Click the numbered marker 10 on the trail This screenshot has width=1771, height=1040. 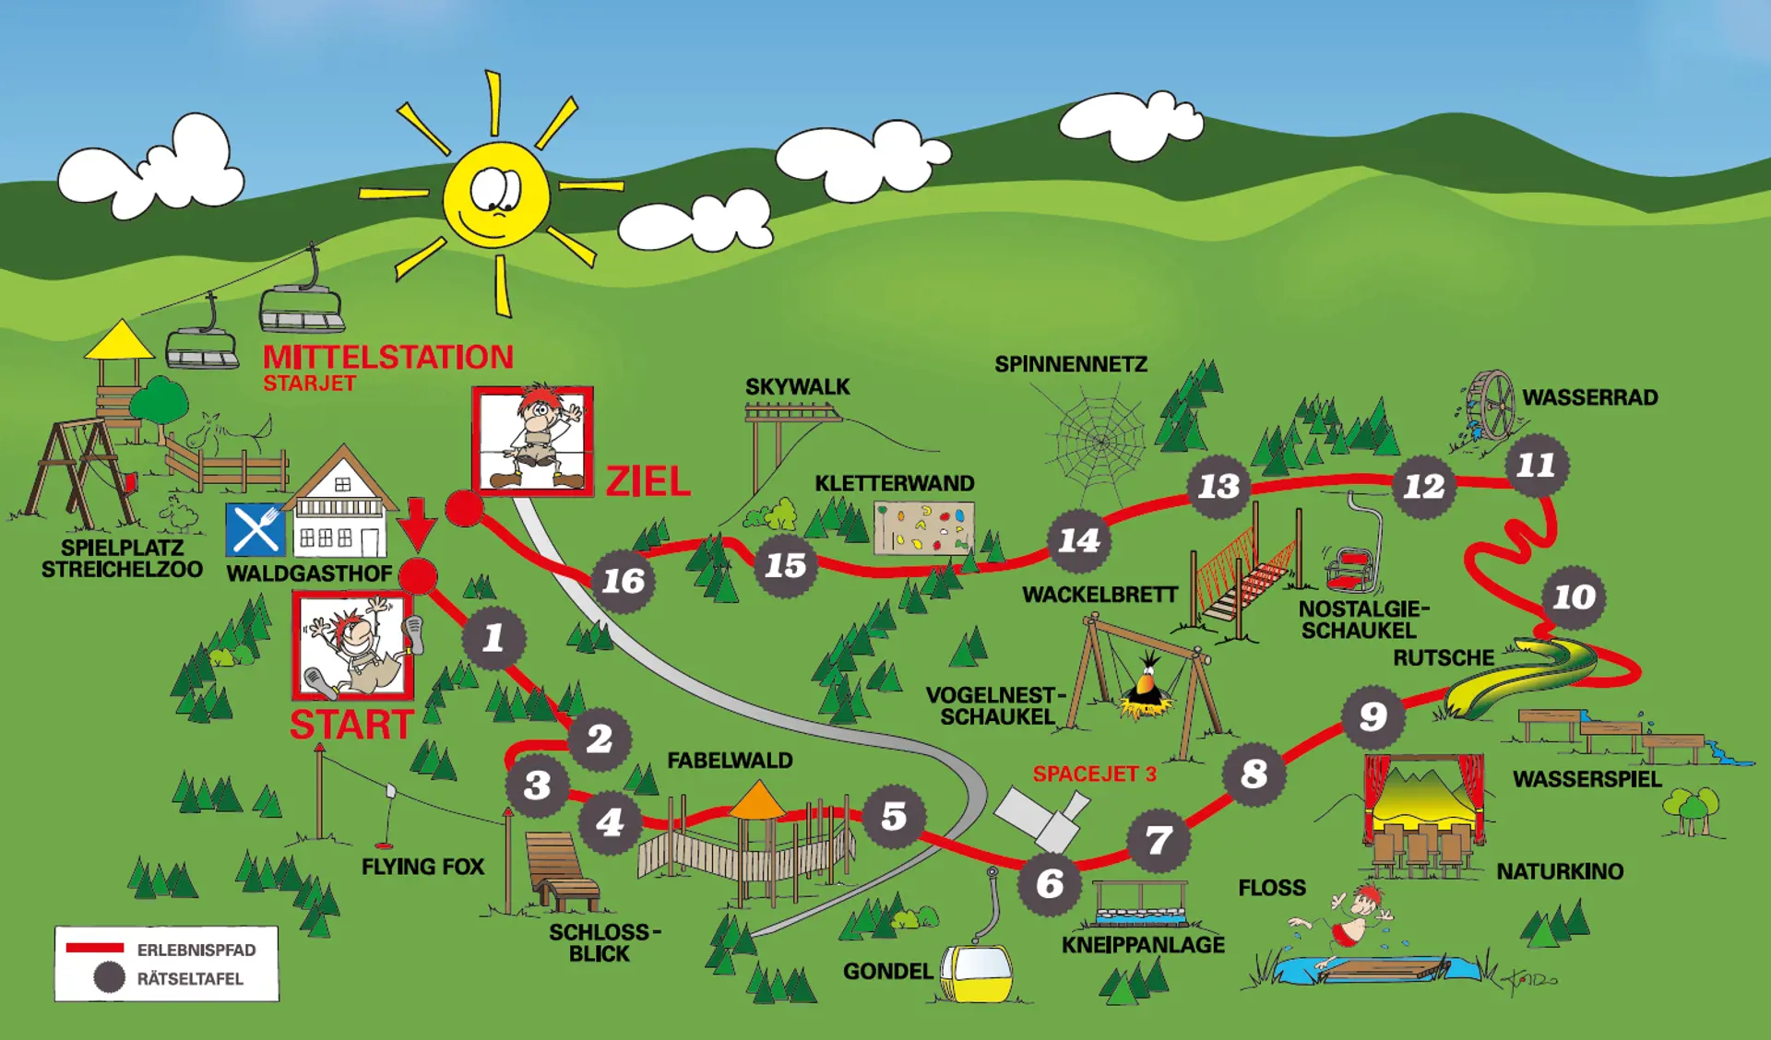pyautogui.click(x=1574, y=597)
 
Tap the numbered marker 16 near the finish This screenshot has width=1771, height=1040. pyautogui.click(x=624, y=581)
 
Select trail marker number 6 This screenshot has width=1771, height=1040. pyautogui.click(x=1050, y=883)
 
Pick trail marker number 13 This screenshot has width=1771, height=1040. pyautogui.click(x=1218, y=486)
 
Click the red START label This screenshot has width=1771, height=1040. pyautogui.click(x=351, y=725)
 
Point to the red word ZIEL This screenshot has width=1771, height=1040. pyautogui.click(x=648, y=481)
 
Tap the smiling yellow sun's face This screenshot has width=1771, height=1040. pyautogui.click(x=496, y=195)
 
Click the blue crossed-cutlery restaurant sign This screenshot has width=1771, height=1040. pyautogui.click(x=256, y=529)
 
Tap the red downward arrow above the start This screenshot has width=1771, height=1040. pyautogui.click(x=418, y=524)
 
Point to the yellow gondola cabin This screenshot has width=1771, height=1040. pyautogui.click(x=978, y=972)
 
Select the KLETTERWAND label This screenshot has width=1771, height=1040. pyautogui.click(x=894, y=483)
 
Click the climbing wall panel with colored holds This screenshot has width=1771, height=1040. pyautogui.click(x=923, y=528)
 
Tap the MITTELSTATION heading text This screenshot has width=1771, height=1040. pyautogui.click(x=388, y=357)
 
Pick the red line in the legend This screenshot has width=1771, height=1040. pyautogui.click(x=94, y=948)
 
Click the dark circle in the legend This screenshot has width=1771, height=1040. pyautogui.click(x=110, y=977)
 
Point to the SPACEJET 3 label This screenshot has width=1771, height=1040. pyautogui.click(x=1094, y=774)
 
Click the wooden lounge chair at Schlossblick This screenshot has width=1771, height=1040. pyautogui.click(x=561, y=870)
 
